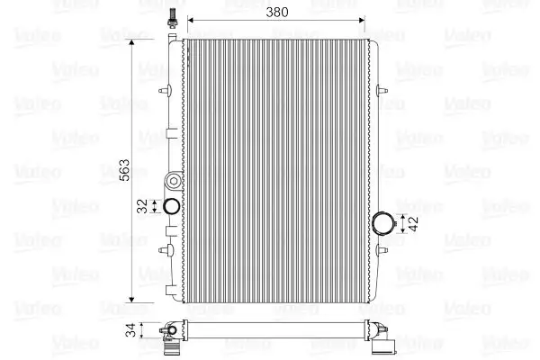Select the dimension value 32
point(140,205)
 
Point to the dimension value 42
point(413,222)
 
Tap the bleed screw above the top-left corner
point(168,19)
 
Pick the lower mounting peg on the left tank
point(163,247)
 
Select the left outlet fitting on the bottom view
point(168,337)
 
